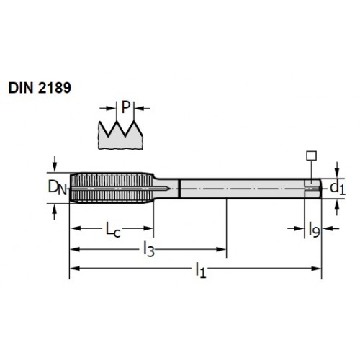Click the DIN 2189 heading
point(40,88)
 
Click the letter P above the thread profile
point(126,107)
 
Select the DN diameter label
point(57,188)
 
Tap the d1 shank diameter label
point(338,188)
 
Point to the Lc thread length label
point(113,229)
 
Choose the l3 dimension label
point(149,250)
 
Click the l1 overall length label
point(201,270)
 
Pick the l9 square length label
point(314,230)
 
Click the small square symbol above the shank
point(311,156)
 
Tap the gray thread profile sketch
point(120,135)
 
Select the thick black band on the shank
point(179,189)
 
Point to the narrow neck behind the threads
point(166,189)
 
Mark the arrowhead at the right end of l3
point(221,249)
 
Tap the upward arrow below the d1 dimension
point(337,207)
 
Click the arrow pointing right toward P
point(108,108)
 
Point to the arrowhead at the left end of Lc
point(75,228)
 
